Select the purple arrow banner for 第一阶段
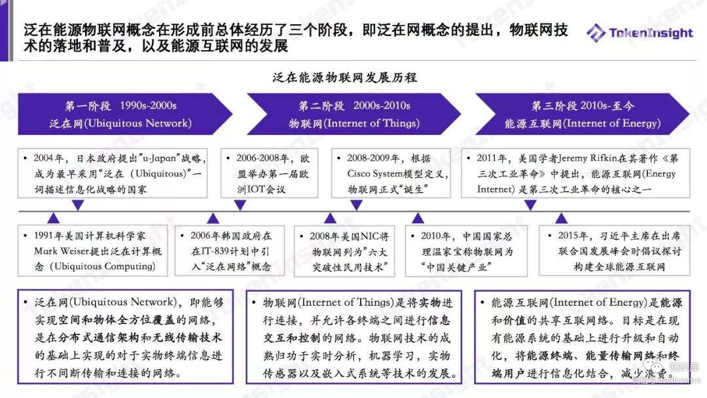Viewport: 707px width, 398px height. coord(121,114)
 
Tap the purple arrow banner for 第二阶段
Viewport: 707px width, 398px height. coord(354,114)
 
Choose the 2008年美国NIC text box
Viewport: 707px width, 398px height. coord(344,251)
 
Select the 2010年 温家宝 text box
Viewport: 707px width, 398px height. coord(468,251)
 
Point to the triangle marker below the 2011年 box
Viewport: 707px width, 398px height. coord(531,205)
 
